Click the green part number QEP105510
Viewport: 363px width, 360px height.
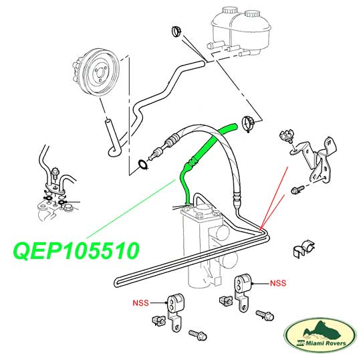pyautogui.click(x=76, y=251)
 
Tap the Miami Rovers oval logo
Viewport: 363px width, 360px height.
pyautogui.click(x=320, y=337)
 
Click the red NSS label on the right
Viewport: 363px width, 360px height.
pyautogui.click(x=278, y=283)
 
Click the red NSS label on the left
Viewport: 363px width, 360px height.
pyautogui.click(x=140, y=302)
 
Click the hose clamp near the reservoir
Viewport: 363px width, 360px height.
pyautogui.click(x=176, y=31)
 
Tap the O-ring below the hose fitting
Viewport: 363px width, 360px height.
pyautogui.click(x=142, y=164)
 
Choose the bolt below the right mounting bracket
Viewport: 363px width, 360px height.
pyautogui.click(x=297, y=189)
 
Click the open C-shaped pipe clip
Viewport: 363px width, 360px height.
pyautogui.click(x=303, y=249)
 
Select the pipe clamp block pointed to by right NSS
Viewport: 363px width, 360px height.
pyautogui.click(x=243, y=290)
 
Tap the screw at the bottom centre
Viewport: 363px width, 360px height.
pyautogui.click(x=197, y=335)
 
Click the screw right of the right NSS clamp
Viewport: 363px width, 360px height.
pyautogui.click(x=265, y=316)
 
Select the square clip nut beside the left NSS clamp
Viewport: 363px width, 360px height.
pyautogui.click(x=158, y=320)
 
